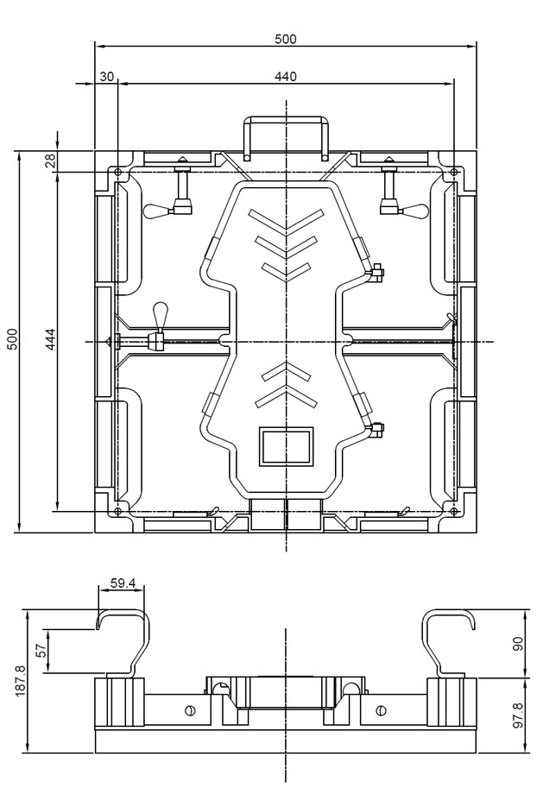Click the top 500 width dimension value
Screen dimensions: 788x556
pyautogui.click(x=286, y=38)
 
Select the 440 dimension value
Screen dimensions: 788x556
pyautogui.click(x=286, y=76)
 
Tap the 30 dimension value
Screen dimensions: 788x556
pyautogui.click(x=106, y=76)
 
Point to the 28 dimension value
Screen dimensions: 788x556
pyautogui.click(x=50, y=161)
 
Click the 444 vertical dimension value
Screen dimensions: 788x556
pyautogui.click(x=50, y=340)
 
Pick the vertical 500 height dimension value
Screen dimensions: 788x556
pyautogui.click(x=11, y=340)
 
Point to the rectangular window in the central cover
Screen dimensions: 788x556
pyautogui.click(x=286, y=446)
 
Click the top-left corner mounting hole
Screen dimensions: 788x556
pyautogui.click(x=118, y=173)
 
